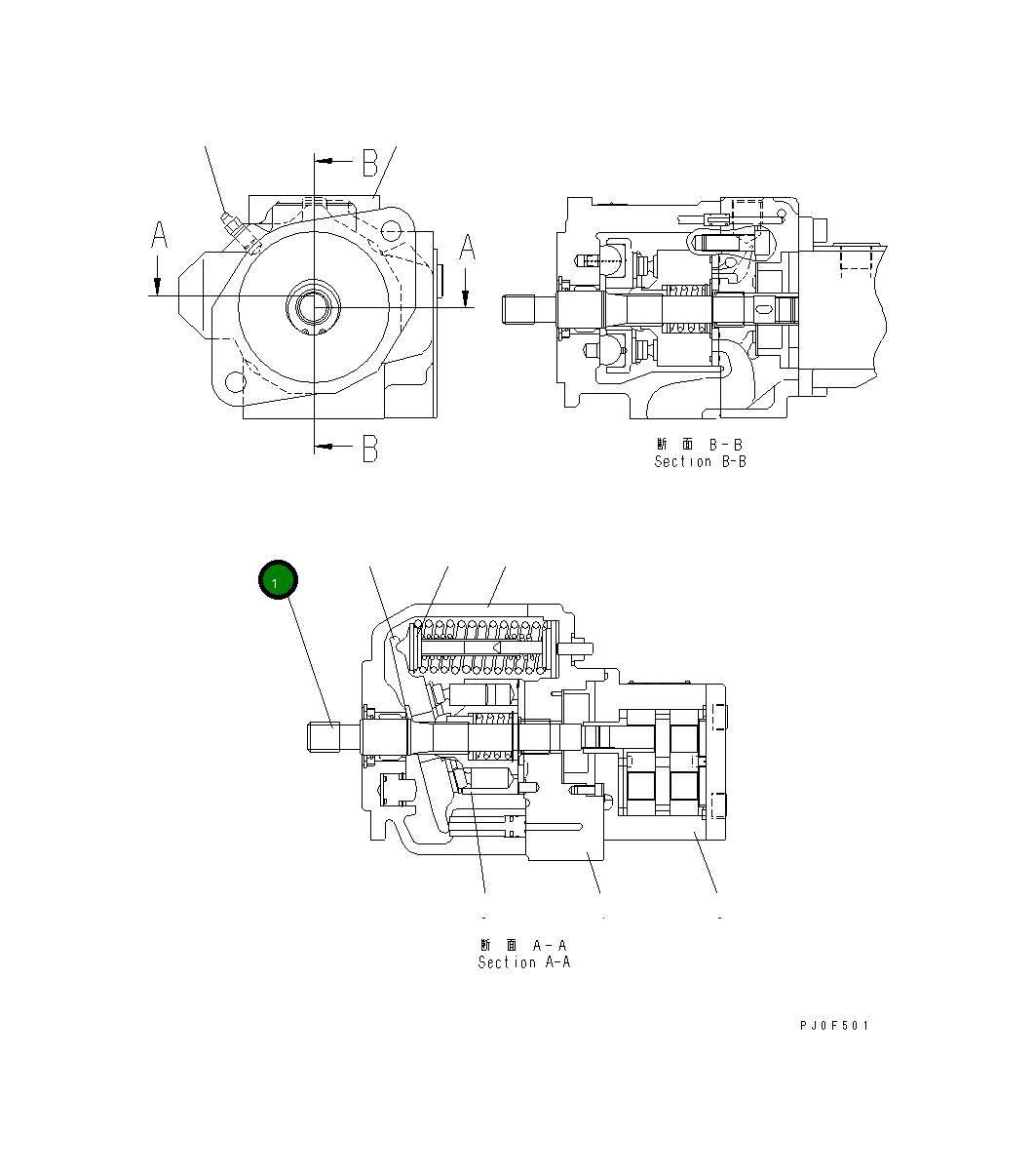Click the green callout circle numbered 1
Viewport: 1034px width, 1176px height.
[x=277, y=581]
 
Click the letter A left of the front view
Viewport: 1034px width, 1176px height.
[x=159, y=237]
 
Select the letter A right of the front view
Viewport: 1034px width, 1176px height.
[x=467, y=247]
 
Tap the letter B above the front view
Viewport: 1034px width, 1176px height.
[x=370, y=162]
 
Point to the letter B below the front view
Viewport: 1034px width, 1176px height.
[x=370, y=448]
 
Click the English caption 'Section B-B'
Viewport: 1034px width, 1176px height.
[x=700, y=461]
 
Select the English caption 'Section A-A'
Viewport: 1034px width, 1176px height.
[x=524, y=962]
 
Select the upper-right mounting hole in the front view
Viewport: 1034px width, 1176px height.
[x=391, y=232]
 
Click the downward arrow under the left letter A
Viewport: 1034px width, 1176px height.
[x=156, y=282]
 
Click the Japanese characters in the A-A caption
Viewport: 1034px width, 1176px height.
[x=498, y=945]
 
